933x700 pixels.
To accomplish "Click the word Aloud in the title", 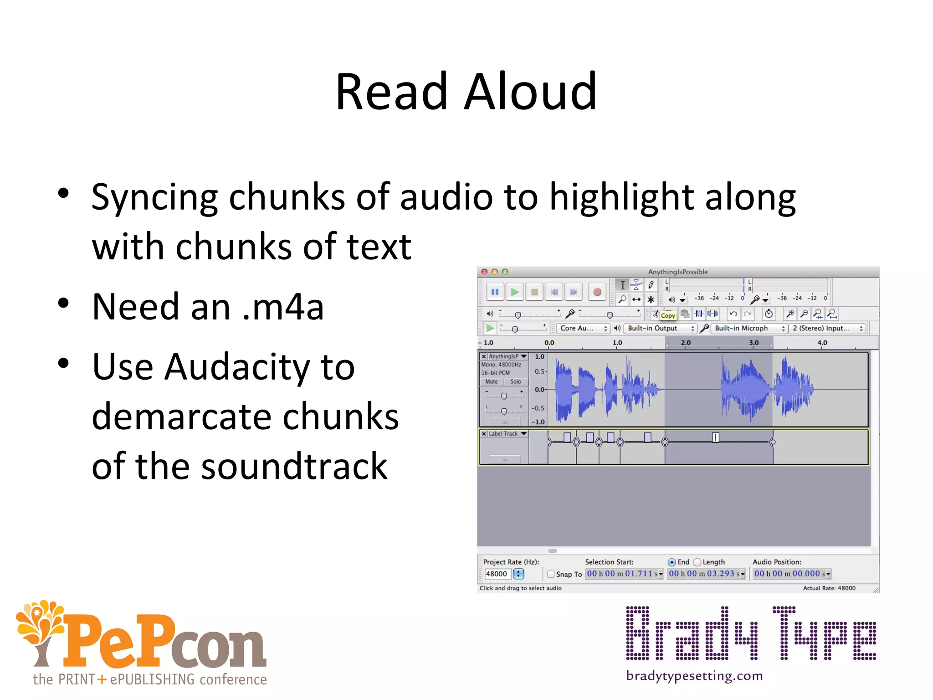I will [x=530, y=92].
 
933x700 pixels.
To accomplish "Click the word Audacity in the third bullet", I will [x=237, y=367].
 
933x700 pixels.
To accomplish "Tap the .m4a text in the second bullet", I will [x=283, y=307].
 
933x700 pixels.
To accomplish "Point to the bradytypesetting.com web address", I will [x=694, y=675].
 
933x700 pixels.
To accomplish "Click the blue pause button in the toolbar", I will [x=495, y=292].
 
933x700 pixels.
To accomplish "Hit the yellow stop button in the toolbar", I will [x=534, y=292].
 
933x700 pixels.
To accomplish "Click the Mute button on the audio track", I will [x=492, y=382].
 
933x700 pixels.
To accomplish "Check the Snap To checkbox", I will [x=551, y=574].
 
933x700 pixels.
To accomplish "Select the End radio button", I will [x=672, y=562].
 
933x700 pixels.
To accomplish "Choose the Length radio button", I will [x=697, y=562].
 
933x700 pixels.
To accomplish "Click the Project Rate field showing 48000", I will [x=497, y=574].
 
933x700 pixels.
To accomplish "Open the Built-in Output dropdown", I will [x=660, y=328].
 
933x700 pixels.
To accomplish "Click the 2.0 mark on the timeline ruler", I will [x=686, y=343].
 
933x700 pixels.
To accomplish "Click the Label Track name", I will [x=503, y=434].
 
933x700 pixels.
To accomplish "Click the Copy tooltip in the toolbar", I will [x=668, y=315].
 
